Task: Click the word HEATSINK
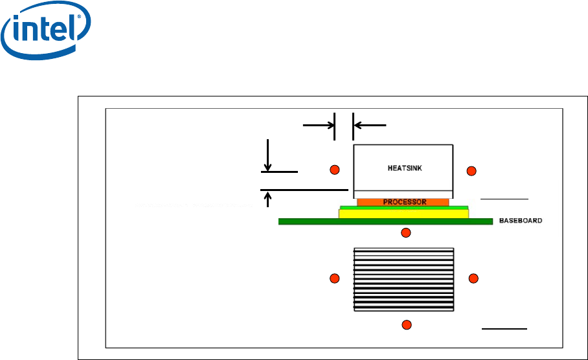(x=402, y=168)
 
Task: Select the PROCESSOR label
(x=403, y=202)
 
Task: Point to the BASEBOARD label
(x=520, y=221)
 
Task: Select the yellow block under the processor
(x=403, y=214)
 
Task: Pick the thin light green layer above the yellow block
(x=403, y=207)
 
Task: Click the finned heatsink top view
(x=403, y=278)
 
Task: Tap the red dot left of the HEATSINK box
(x=334, y=170)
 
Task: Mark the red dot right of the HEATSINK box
(x=471, y=170)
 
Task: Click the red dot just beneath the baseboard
(x=406, y=232)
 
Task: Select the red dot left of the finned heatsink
(x=334, y=278)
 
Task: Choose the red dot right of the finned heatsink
(x=473, y=278)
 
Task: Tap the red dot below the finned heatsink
(x=406, y=324)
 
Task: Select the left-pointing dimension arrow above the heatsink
(x=369, y=123)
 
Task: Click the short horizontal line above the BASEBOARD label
(x=504, y=197)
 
